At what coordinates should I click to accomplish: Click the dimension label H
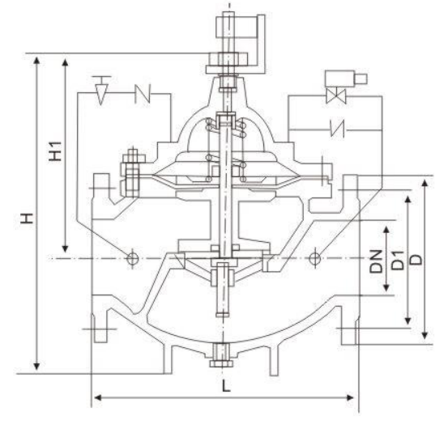tap(28, 218)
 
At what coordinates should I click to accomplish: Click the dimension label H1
tap(55, 151)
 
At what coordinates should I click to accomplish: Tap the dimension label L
tap(226, 386)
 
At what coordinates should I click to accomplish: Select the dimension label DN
tap(376, 261)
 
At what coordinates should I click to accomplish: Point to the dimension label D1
tap(398, 261)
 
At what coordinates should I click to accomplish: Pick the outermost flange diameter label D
tap(416, 260)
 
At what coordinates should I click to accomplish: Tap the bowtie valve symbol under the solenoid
tap(336, 95)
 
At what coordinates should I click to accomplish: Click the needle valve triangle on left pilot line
tap(100, 94)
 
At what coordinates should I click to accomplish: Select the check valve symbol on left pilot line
tap(143, 93)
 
